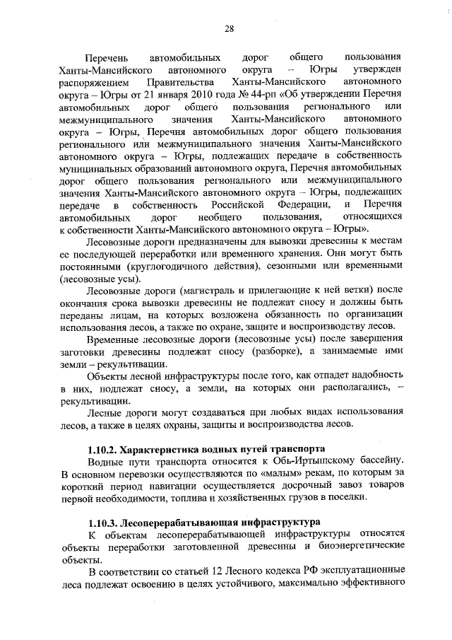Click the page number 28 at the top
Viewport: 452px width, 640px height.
[x=229, y=28]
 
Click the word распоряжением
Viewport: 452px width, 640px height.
[x=93, y=83]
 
